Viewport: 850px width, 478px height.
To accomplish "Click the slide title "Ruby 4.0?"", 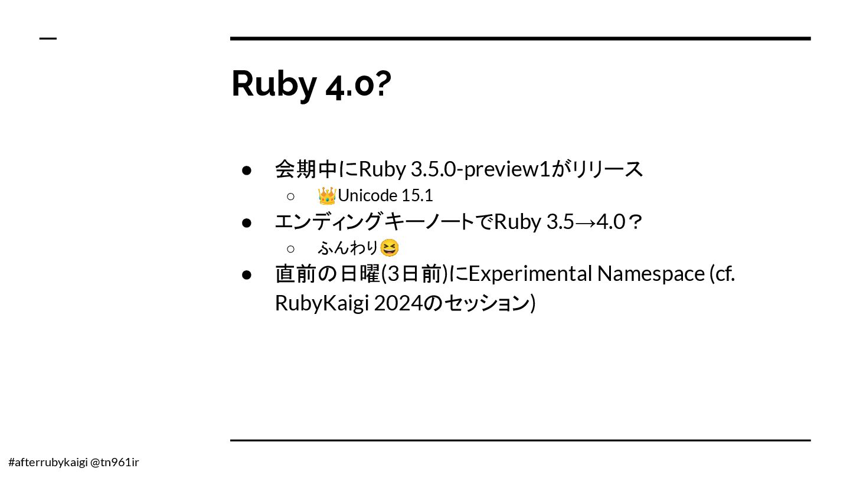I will click(x=310, y=84).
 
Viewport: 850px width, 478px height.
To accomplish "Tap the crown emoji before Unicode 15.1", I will click(x=326, y=195).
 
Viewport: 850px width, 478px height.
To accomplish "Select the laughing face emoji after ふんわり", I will click(x=390, y=248).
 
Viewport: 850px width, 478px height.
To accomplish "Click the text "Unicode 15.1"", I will click(x=385, y=195).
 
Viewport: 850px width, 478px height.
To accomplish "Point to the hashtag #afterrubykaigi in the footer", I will click(x=48, y=462).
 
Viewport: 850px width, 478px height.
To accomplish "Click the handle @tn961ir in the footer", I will click(x=115, y=462).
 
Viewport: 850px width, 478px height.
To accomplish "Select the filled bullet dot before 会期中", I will click(x=247, y=170).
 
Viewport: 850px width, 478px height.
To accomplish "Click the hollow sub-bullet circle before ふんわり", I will click(x=290, y=248).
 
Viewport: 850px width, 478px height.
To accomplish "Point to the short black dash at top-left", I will click(x=48, y=39).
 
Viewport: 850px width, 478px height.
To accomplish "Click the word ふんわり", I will click(x=348, y=248).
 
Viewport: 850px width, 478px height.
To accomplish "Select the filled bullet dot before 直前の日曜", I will click(x=247, y=274).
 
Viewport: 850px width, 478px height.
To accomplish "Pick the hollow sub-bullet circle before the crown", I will click(x=290, y=196).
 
